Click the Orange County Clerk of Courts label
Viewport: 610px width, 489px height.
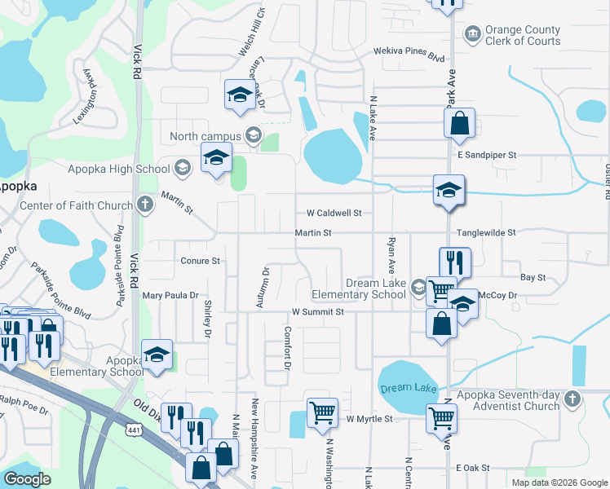coord(523,35)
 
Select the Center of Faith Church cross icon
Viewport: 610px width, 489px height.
coord(145,204)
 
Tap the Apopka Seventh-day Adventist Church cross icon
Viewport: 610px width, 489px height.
coord(572,400)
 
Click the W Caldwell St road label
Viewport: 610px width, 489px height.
coord(334,213)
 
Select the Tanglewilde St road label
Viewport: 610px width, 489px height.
coord(486,232)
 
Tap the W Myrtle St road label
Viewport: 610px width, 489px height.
coord(369,419)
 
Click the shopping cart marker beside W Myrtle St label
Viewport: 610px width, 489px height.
coord(322,412)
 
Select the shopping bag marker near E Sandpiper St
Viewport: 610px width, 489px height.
coord(459,124)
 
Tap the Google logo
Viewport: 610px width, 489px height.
coord(28,479)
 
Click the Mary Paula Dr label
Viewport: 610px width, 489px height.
coord(170,295)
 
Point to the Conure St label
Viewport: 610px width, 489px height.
coord(201,261)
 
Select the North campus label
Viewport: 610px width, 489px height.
coord(206,135)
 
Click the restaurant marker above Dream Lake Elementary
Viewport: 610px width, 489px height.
coord(454,262)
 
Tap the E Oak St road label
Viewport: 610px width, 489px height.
coord(473,468)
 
